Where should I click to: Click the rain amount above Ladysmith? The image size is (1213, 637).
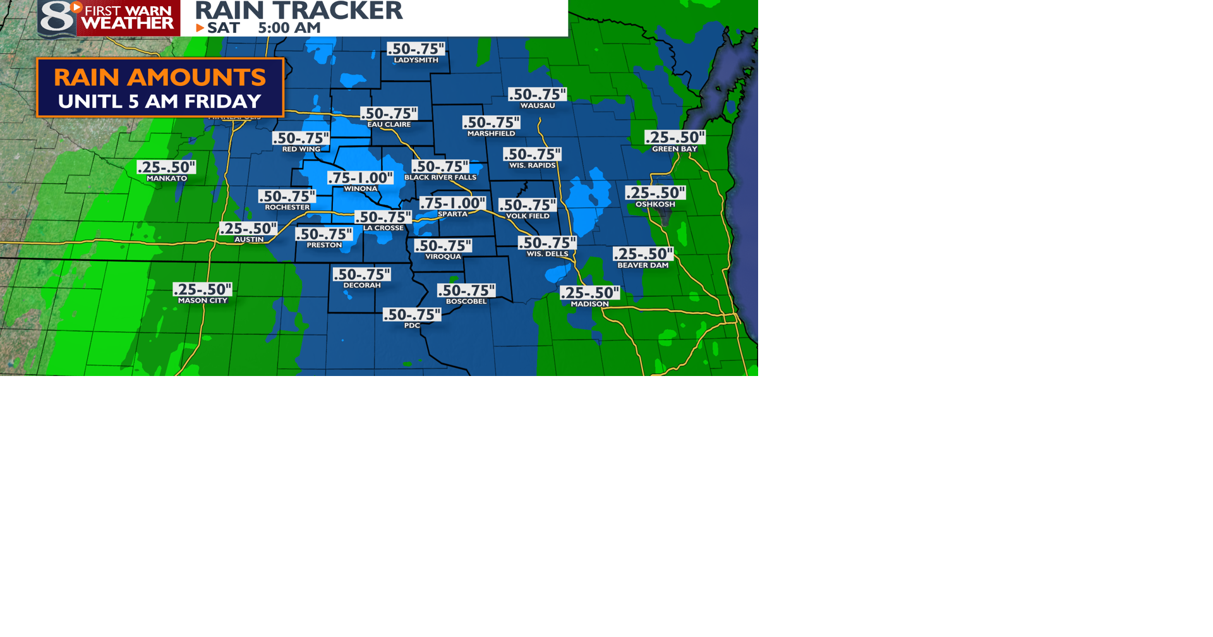416,49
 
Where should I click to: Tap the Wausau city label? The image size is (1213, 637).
538,106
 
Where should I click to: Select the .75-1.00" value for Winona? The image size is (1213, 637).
360,178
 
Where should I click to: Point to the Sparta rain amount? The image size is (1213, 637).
452,203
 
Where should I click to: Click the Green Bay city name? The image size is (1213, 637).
674,149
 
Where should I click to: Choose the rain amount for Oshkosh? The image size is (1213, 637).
655,193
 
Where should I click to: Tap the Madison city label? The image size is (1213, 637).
589,304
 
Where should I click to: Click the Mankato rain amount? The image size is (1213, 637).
167,167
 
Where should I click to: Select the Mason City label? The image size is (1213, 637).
203,301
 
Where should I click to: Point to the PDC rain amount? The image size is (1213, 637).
412,314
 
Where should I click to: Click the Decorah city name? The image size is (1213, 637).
362,286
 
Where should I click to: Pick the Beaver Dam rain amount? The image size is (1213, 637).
643,254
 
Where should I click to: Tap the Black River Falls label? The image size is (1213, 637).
440,178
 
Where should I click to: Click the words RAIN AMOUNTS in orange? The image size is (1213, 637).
160,77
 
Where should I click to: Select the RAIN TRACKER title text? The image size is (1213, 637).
299,10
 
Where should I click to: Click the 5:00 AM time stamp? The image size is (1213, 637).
289,28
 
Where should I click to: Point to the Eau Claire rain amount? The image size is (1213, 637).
389,113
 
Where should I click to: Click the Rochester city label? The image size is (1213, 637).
287,207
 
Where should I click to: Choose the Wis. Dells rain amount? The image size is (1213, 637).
547,243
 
